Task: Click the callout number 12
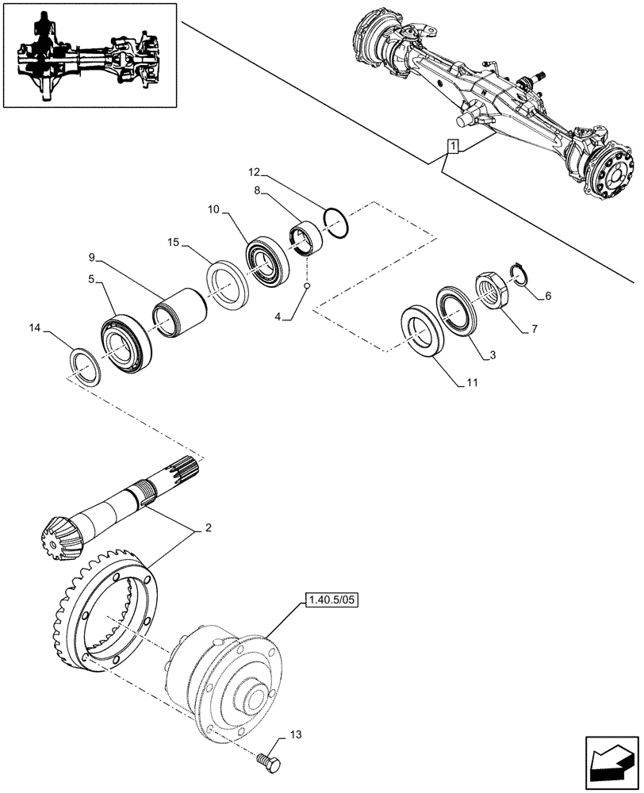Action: [x=253, y=172]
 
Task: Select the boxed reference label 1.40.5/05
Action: [x=332, y=601]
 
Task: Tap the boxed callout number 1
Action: [x=452, y=146]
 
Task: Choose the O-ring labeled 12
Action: [x=336, y=221]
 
